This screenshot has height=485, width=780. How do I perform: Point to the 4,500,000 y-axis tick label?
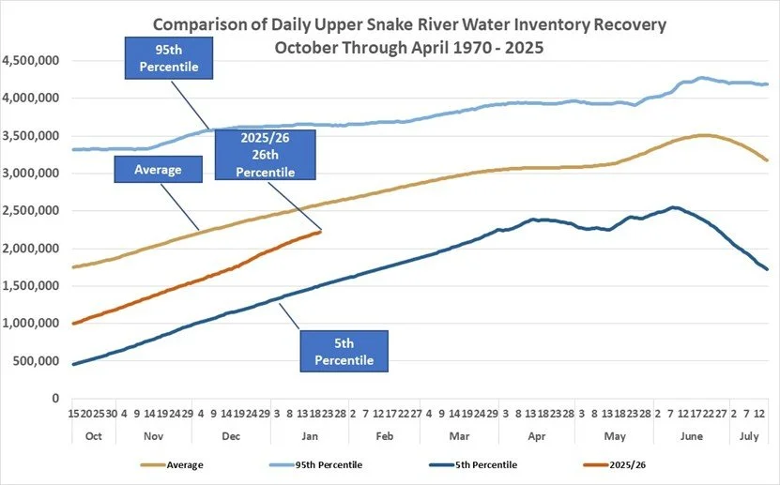pyautogui.click(x=30, y=61)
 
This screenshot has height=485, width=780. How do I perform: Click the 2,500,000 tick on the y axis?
pyautogui.click(x=30, y=211)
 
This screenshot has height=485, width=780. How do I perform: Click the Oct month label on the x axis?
pyautogui.click(x=93, y=437)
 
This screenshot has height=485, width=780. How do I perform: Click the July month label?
pyautogui.click(x=748, y=437)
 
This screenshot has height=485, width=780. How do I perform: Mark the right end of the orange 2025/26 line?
pyautogui.click(x=321, y=231)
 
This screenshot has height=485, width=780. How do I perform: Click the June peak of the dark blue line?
pyautogui.click(x=674, y=207)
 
